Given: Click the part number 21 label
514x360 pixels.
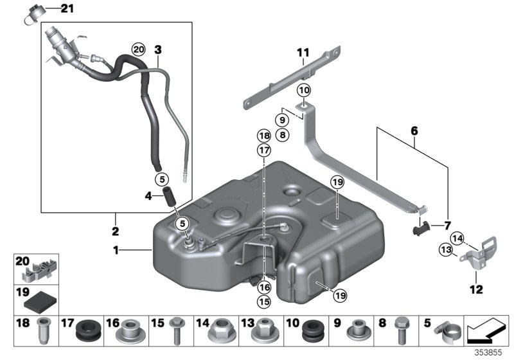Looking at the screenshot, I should pyautogui.click(x=67, y=8).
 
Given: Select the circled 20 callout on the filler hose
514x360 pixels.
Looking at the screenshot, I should pyautogui.click(x=138, y=49).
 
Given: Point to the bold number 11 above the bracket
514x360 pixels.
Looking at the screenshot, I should pyautogui.click(x=303, y=51).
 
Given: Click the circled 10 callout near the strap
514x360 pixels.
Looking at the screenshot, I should pyautogui.click(x=303, y=90).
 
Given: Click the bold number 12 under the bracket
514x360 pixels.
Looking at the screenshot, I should pyautogui.click(x=475, y=290).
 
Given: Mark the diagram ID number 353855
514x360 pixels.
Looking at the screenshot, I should pyautogui.click(x=490, y=353).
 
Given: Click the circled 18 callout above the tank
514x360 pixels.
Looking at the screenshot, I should pyautogui.click(x=264, y=136).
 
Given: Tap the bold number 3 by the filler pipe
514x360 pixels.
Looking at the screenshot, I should pyautogui.click(x=158, y=49).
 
